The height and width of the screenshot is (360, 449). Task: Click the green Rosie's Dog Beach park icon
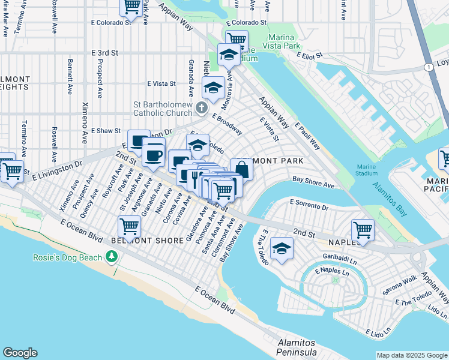[x=111, y=257]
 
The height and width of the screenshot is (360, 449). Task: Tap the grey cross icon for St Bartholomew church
[x=201, y=108]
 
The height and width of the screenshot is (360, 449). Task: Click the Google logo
[x=20, y=353]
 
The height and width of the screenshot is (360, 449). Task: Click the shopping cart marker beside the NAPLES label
[x=363, y=229]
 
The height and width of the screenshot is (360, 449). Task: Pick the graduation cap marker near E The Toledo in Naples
[x=281, y=248]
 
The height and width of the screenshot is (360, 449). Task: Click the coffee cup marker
[x=154, y=155]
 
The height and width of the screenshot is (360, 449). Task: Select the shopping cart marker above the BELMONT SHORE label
[x=129, y=227]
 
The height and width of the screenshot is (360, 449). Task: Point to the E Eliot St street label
[x=309, y=55]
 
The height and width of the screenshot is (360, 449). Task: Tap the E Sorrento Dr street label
[x=309, y=206]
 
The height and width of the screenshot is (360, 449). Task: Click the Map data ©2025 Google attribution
[x=411, y=355]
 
